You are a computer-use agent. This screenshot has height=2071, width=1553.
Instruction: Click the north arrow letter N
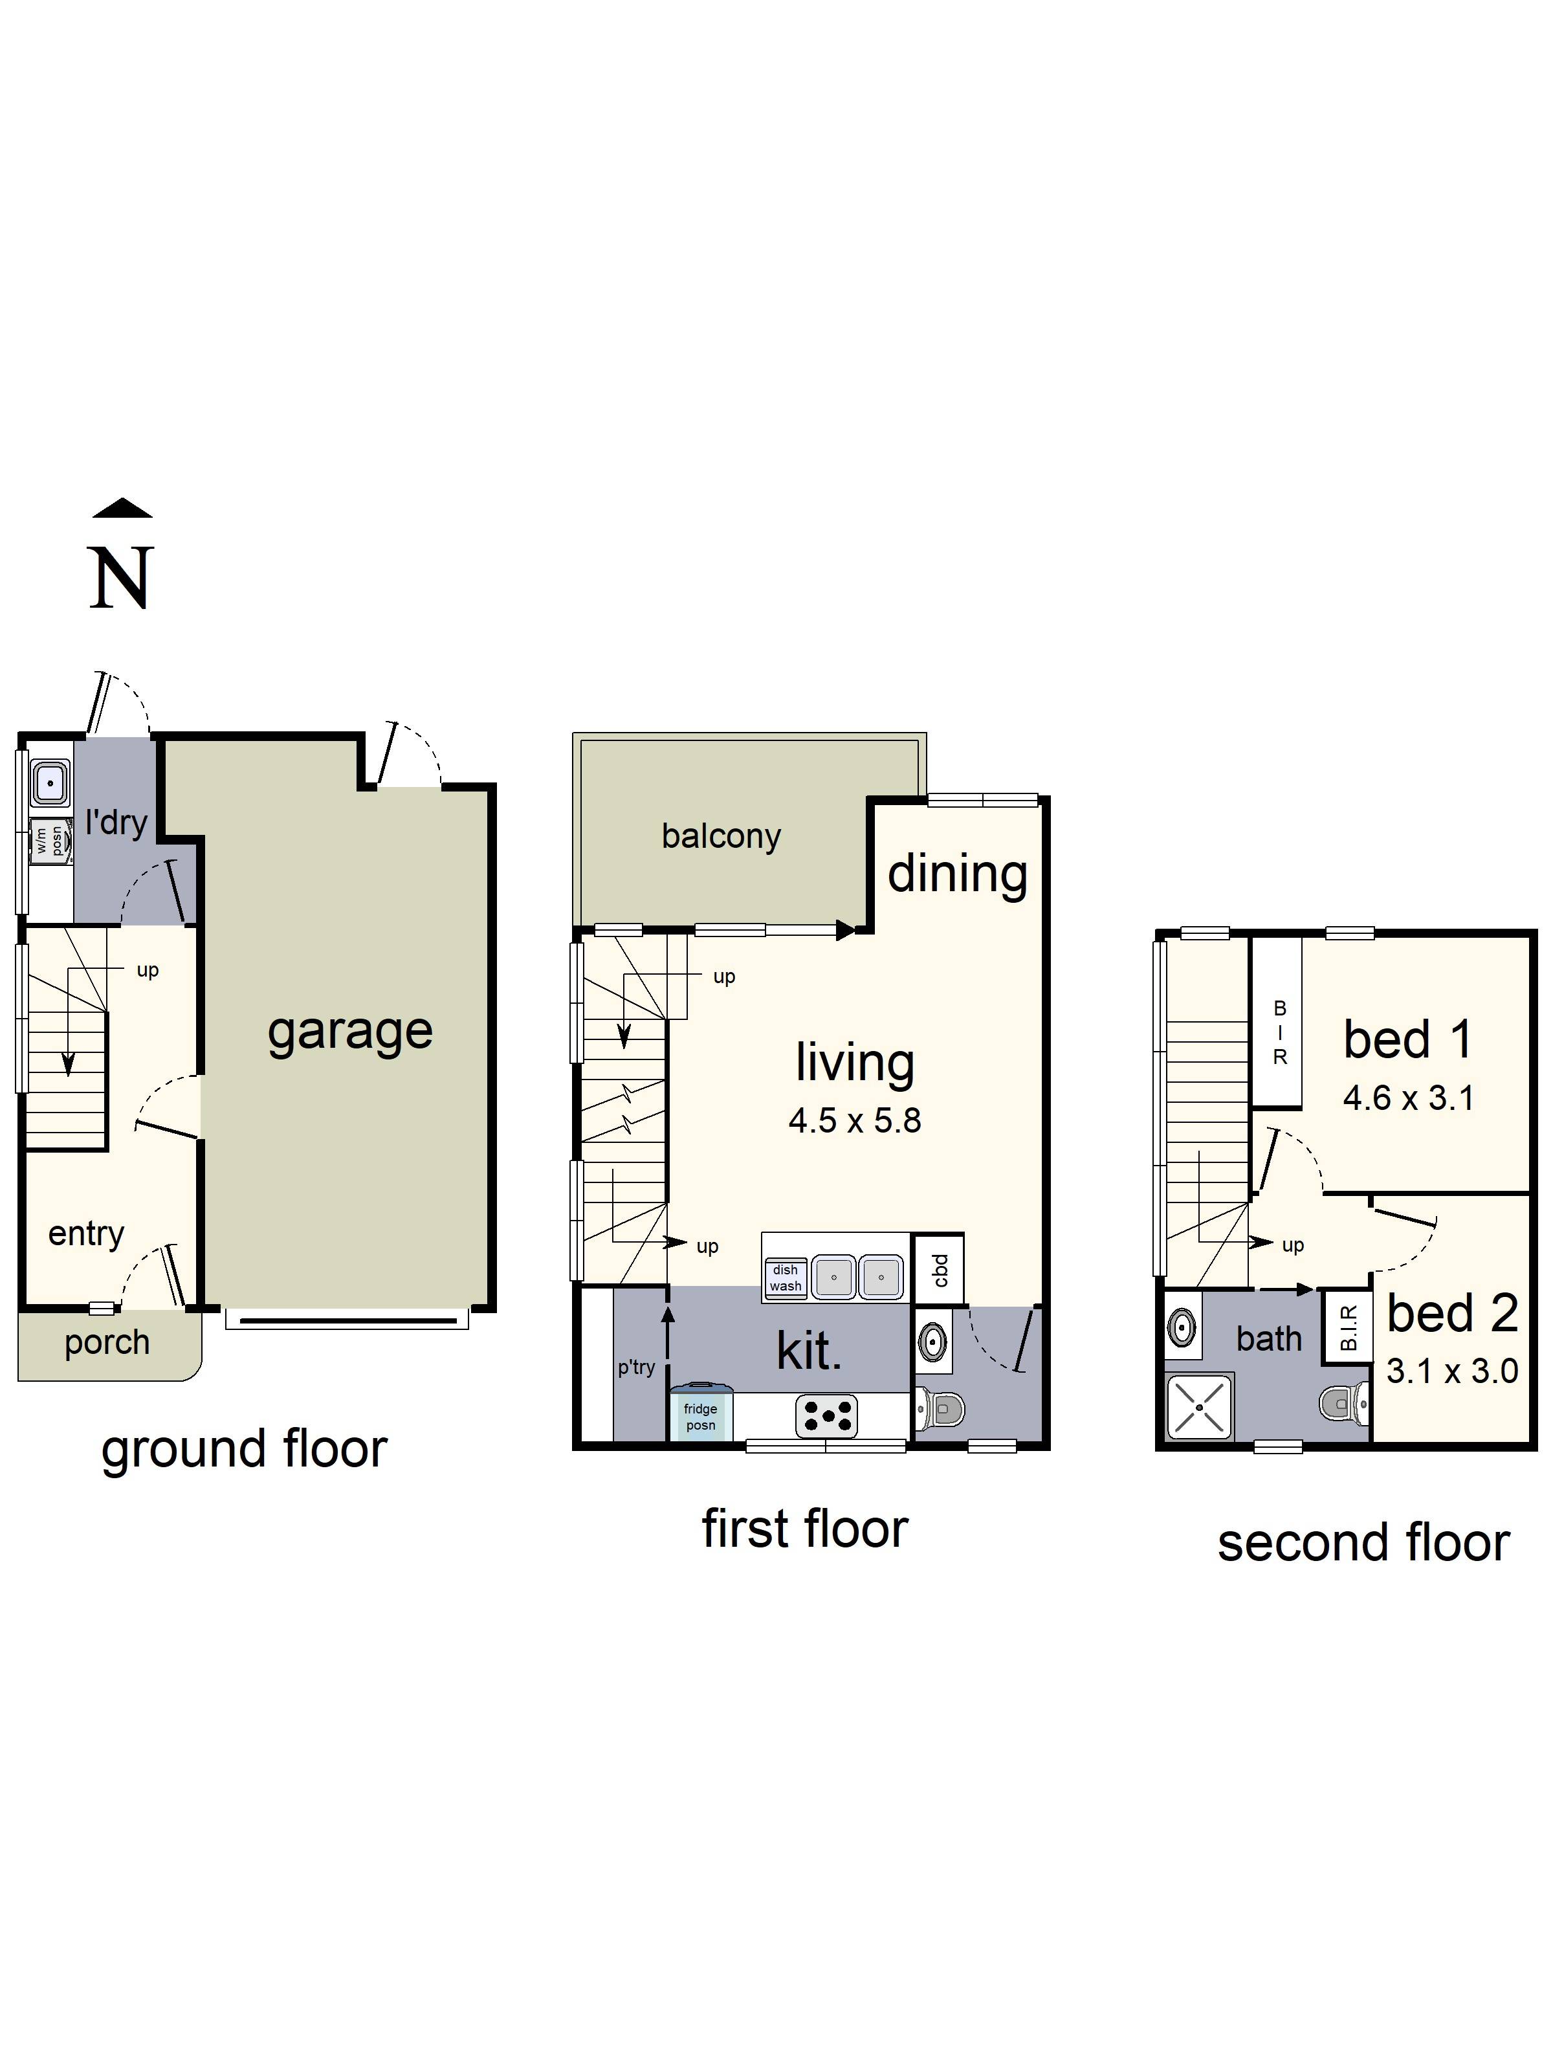coord(121,578)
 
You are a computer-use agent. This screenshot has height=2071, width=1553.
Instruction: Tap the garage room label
coord(349,1032)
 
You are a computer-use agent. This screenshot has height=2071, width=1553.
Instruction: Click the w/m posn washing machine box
coord(50,840)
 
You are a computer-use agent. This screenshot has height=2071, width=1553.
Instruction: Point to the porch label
coord(107,1343)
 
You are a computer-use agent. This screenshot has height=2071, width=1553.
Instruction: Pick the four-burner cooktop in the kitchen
coord(826,1417)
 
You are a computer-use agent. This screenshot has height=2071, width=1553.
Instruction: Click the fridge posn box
coord(699,1417)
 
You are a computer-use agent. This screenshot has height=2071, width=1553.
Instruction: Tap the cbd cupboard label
coord(940,1270)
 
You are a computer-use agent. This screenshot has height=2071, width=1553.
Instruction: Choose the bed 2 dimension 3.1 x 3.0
coord(1451,1371)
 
